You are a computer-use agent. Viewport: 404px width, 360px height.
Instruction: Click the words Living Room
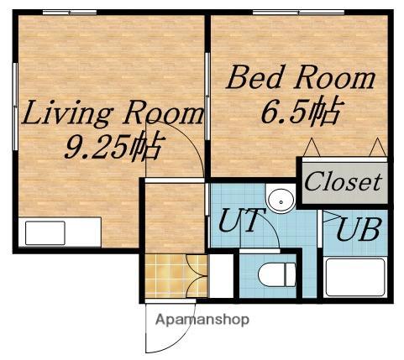coord(113,112)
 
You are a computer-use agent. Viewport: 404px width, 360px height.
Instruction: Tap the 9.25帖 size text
coord(113,147)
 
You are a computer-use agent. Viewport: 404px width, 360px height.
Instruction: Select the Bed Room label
coord(301,77)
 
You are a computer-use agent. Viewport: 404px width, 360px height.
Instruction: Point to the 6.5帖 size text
coord(301,111)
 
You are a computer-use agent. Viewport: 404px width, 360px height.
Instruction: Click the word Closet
coord(344,182)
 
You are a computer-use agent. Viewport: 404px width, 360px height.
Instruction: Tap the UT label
coord(241,221)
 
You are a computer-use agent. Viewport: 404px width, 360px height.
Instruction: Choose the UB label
coord(359,229)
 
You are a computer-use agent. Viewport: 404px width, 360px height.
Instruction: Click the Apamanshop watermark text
coord(202,319)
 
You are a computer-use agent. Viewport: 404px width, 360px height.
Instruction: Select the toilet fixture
coord(276,274)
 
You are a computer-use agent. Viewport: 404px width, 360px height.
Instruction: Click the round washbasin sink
coord(281,200)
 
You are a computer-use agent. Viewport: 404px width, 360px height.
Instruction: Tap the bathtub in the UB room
coord(355,278)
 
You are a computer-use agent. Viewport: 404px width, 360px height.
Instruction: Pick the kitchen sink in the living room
coord(45,233)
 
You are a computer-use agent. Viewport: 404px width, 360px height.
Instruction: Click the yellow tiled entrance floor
coord(176,276)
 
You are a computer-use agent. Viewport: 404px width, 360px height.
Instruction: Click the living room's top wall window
coord(70,13)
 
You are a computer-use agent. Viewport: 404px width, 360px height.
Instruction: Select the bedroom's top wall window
coord(298,13)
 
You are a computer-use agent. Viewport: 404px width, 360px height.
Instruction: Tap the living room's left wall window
coord(15,107)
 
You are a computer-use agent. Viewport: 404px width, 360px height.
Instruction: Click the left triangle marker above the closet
coord(312,147)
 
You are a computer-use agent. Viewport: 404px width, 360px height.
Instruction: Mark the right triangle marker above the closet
coord(378,147)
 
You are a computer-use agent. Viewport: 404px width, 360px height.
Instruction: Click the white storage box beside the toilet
coord(221,276)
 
